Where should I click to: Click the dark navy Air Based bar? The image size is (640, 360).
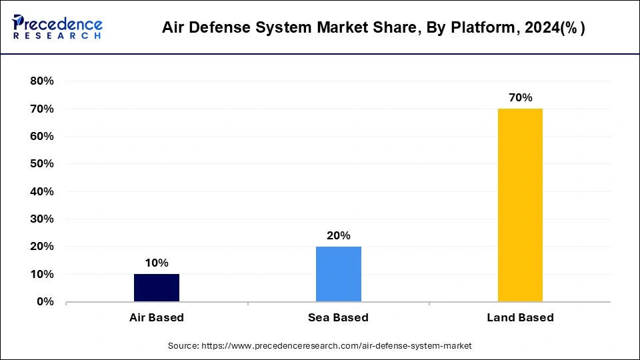(157, 287)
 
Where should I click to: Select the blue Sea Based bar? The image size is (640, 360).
(339, 274)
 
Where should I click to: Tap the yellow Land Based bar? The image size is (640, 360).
(520, 205)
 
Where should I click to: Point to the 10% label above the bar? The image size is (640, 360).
(157, 263)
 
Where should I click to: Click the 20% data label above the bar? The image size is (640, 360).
(339, 235)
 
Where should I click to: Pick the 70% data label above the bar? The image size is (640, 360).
(520, 97)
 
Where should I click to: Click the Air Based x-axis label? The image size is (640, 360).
(157, 317)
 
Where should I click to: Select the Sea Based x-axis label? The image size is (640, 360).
(339, 317)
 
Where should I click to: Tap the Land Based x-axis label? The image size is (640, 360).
(520, 317)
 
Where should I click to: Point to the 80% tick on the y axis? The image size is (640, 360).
(41, 81)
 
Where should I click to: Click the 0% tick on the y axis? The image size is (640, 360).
(45, 302)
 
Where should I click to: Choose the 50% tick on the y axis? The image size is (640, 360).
(41, 164)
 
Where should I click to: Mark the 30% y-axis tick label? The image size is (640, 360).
(41, 219)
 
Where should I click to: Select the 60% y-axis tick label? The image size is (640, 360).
(41, 137)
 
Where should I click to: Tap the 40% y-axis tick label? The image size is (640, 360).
(41, 192)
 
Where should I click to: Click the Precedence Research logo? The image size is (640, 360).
(57, 27)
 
